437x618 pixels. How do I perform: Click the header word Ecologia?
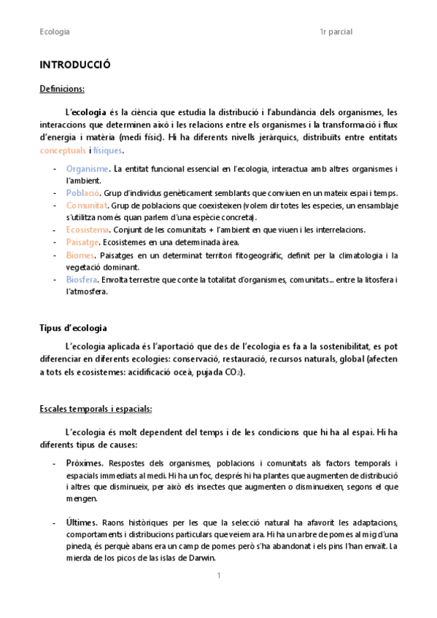click(x=55, y=32)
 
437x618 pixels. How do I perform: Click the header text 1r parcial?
click(x=336, y=32)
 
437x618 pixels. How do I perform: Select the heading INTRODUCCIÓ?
click(x=74, y=65)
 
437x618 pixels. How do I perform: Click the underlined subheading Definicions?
click(x=62, y=89)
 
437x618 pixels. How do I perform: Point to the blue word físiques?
click(x=108, y=150)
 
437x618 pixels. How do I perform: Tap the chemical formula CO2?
click(x=234, y=372)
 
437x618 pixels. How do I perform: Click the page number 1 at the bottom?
click(x=218, y=576)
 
